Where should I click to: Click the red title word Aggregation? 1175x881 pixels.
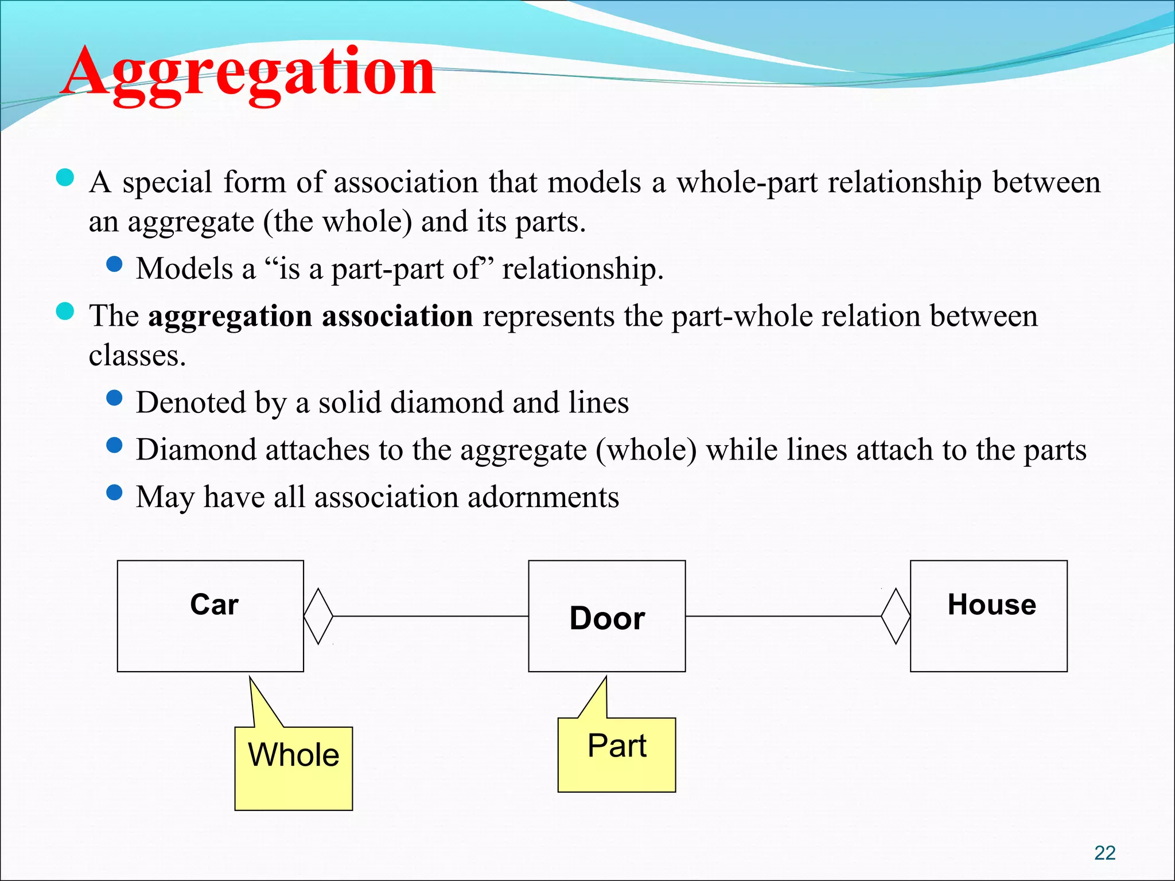tap(248, 73)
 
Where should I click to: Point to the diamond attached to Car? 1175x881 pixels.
tap(318, 617)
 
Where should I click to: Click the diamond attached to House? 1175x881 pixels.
tap(896, 617)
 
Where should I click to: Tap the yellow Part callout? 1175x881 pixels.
tap(617, 754)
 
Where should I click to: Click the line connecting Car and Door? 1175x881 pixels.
tap(430, 617)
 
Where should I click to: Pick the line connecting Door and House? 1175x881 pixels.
tap(783, 617)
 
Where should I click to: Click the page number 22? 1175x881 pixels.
tap(1104, 853)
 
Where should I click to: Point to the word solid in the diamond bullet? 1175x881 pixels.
tap(350, 403)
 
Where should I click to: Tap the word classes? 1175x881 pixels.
tap(137, 356)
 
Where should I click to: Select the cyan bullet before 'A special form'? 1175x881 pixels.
tap(65, 177)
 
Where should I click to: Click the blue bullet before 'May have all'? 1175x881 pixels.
tap(115, 492)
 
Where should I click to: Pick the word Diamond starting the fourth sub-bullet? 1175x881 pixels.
tap(196, 450)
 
